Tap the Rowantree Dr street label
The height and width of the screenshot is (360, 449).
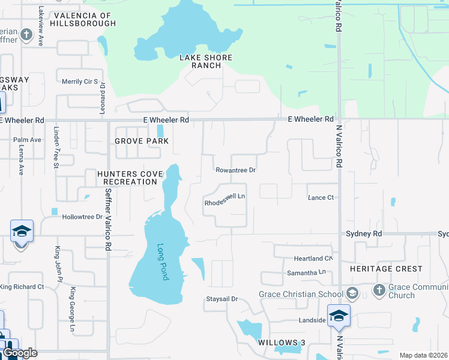(236, 170)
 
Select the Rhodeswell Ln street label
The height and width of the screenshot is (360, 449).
(225, 199)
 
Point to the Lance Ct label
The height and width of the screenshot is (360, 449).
(321, 197)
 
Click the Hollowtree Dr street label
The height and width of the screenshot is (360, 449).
(83, 217)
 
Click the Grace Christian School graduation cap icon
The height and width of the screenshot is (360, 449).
(352, 293)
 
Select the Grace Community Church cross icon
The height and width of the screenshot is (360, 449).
(379, 290)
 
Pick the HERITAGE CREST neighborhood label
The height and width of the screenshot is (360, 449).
(387, 269)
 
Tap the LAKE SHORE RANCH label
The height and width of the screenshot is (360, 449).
(206, 62)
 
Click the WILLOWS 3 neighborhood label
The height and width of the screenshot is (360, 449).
(282, 342)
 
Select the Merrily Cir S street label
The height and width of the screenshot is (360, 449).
(80, 81)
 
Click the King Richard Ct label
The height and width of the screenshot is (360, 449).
(22, 287)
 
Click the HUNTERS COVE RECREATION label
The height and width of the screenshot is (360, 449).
(130, 178)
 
